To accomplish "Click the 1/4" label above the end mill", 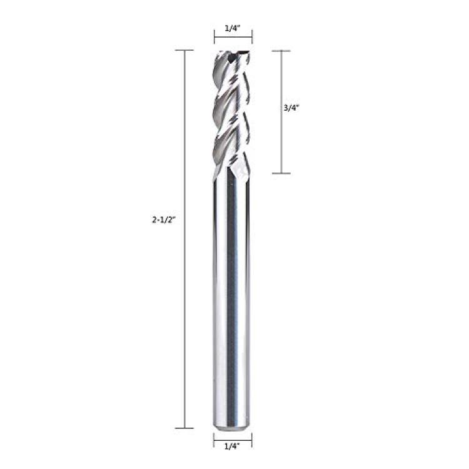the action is [233, 28].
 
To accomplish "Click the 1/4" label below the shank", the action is [233, 446].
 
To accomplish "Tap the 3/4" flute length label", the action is [291, 108].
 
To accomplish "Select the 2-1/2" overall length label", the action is [163, 220].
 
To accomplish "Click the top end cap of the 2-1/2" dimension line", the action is [184, 50].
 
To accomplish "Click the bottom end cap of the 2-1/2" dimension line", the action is [184, 428].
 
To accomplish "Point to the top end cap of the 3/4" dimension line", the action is [281, 51].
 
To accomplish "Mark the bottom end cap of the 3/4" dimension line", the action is [281, 173].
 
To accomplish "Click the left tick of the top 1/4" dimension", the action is [214, 37].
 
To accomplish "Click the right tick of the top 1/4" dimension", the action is [252, 37].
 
